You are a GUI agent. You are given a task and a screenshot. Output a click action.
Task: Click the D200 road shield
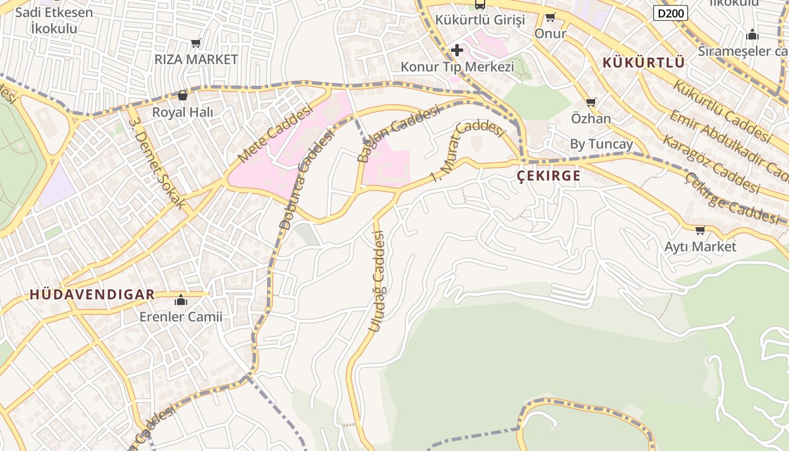pyautogui.click(x=671, y=12)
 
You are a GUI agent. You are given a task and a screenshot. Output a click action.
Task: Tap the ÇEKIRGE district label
pyautogui.click(x=549, y=176)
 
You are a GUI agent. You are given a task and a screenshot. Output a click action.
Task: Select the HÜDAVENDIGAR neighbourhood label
pyautogui.click(x=92, y=294)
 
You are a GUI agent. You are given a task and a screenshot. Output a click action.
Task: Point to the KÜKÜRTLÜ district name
pyautogui.click(x=644, y=63)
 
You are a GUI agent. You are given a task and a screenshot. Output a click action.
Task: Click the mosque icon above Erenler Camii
pyautogui.click(x=181, y=300)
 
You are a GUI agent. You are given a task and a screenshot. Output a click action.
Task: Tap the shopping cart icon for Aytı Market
pyautogui.click(x=700, y=230)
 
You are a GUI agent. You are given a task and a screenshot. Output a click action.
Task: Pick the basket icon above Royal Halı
pyautogui.click(x=183, y=95)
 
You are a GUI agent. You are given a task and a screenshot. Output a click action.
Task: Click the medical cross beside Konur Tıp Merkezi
pyautogui.click(x=457, y=50)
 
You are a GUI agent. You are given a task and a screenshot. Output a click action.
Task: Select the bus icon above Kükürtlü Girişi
pyautogui.click(x=480, y=5)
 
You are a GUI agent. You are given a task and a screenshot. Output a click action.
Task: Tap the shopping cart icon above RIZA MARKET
pyautogui.click(x=196, y=43)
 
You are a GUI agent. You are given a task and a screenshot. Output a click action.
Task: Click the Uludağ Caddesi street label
pyautogui.click(x=377, y=282)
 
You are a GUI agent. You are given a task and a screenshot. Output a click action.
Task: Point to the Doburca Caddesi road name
pyautogui.click(x=307, y=180)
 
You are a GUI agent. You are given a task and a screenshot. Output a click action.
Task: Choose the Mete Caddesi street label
pyautogui.click(x=275, y=134)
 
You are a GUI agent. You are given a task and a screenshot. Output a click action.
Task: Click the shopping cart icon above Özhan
pyautogui.click(x=591, y=102)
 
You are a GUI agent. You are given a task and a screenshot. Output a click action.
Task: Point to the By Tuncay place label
pyautogui.click(x=601, y=144)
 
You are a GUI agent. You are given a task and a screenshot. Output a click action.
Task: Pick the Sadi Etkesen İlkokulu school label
pyautogui.click(x=54, y=20)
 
